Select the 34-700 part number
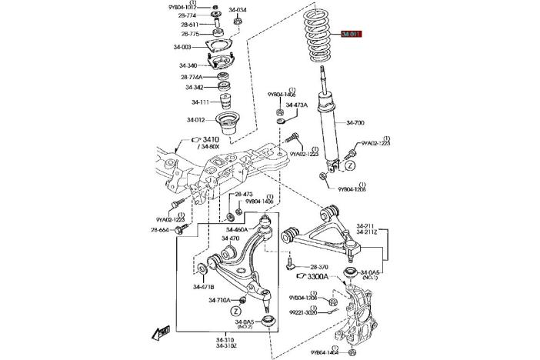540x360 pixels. click(356, 122)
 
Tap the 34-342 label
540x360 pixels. click(194, 87)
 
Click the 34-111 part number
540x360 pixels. click(199, 102)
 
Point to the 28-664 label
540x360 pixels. click(161, 229)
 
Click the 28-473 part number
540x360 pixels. click(243, 195)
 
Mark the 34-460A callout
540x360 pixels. click(238, 229)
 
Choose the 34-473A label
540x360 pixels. click(297, 105)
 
